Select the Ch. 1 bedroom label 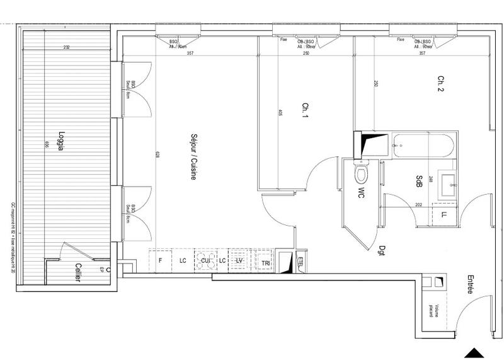click(x=306, y=111)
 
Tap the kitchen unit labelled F click(x=161, y=260)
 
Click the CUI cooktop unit click(x=205, y=261)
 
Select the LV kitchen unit click(x=239, y=260)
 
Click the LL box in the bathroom click(x=444, y=216)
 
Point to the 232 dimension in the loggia click(x=66, y=48)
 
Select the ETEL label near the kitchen click(x=300, y=261)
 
